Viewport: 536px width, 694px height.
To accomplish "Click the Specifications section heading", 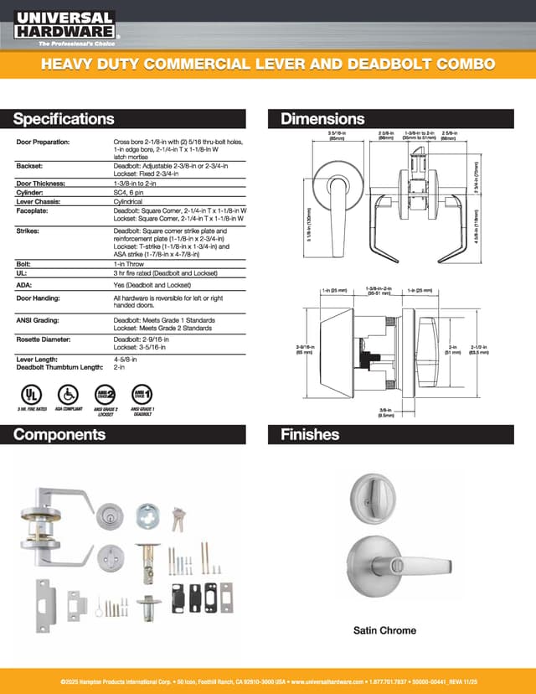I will (64, 119).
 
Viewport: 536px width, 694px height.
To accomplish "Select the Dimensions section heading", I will (322, 119).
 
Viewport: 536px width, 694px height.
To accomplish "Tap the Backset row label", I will (29, 167).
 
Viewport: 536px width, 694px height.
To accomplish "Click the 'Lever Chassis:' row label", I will (40, 200).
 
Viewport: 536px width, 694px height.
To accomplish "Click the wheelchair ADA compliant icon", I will (68, 394).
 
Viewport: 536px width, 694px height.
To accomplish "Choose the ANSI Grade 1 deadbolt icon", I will (142, 394).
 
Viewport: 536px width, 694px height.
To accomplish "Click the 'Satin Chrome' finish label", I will (384, 630).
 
